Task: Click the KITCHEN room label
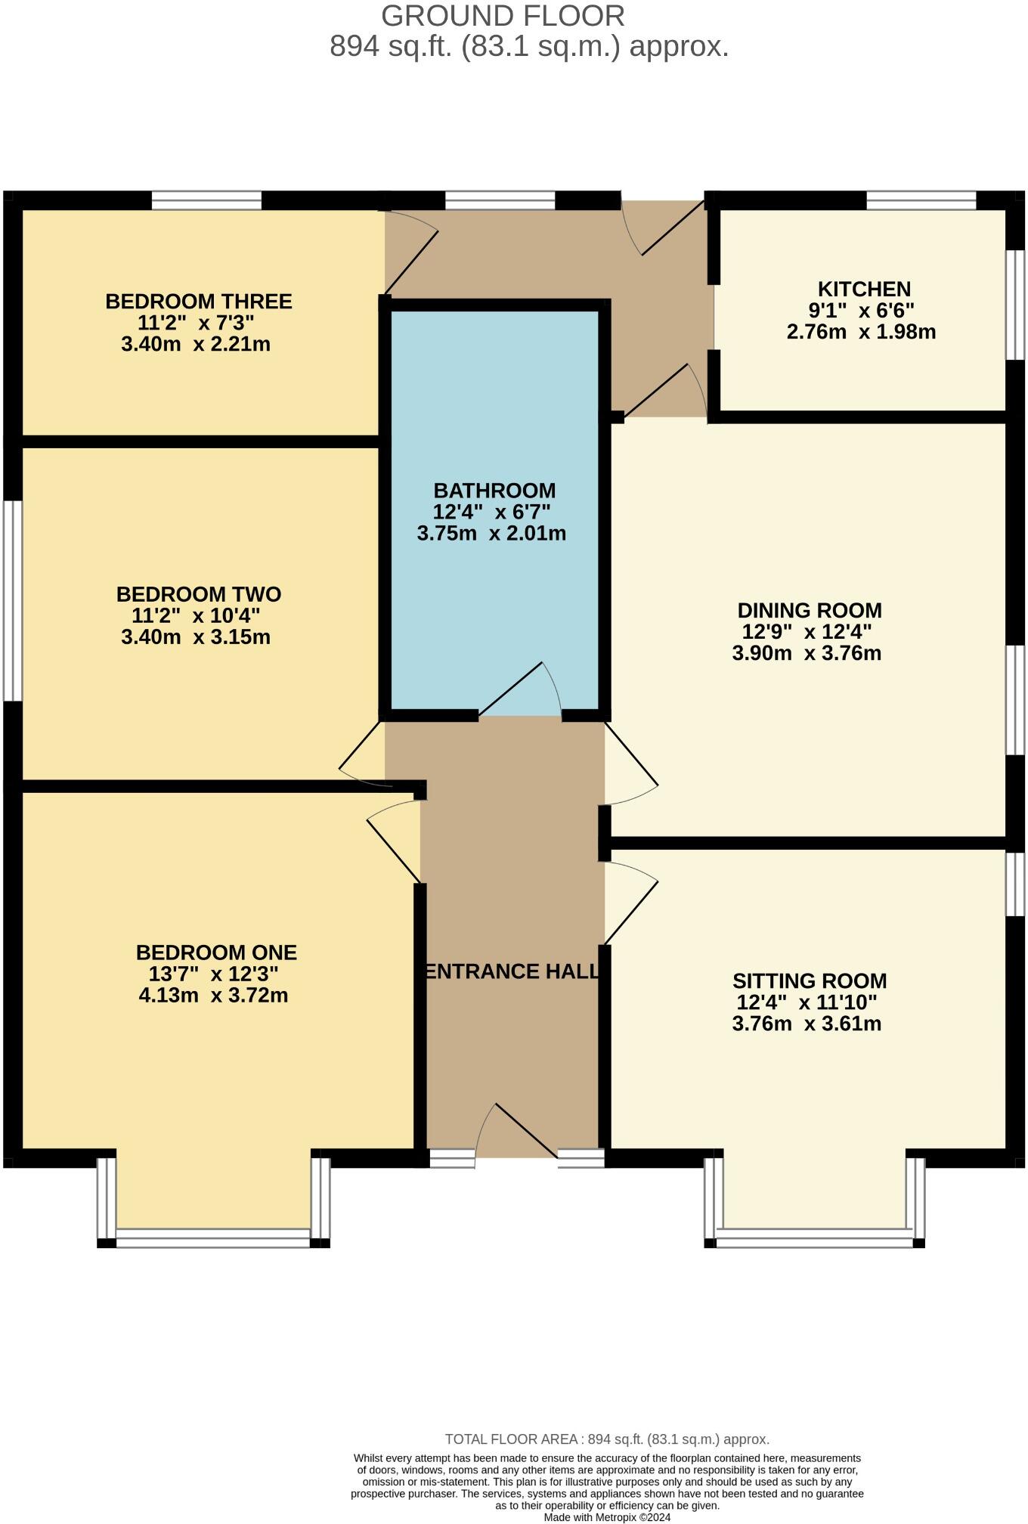pyautogui.click(x=863, y=289)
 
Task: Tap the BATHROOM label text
pyautogui.click(x=494, y=490)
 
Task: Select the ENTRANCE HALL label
pyautogui.click(x=512, y=971)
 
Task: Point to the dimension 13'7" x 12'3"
pyautogui.click(x=213, y=974)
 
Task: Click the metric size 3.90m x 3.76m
pyautogui.click(x=807, y=653)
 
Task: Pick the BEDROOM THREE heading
pyautogui.click(x=198, y=302)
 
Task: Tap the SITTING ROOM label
pyautogui.click(x=809, y=981)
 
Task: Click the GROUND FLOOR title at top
pyautogui.click(x=503, y=16)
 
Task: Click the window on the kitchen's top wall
pyautogui.click(x=921, y=200)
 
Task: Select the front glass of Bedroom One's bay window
pyautogui.click(x=213, y=1239)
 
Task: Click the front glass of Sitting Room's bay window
pyautogui.click(x=814, y=1239)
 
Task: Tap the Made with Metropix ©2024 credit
pyautogui.click(x=607, y=1516)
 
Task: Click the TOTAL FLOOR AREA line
pyautogui.click(x=607, y=1439)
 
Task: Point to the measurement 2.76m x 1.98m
pyautogui.click(x=861, y=332)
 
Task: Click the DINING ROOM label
pyautogui.click(x=809, y=610)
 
